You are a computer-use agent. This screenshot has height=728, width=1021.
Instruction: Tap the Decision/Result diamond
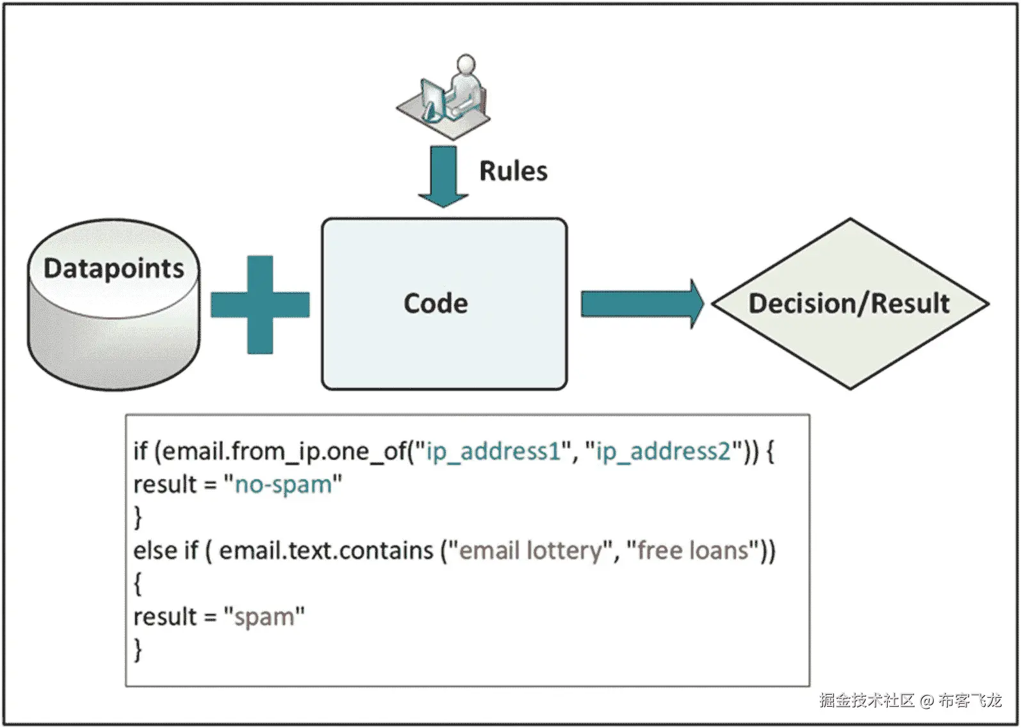[x=849, y=303]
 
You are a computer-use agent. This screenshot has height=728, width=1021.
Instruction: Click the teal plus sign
[x=260, y=305]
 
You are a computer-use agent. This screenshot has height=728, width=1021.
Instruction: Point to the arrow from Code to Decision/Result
[x=641, y=303]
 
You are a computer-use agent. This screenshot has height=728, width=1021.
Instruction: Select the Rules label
[x=513, y=172]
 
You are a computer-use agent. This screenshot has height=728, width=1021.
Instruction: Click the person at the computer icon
[x=445, y=96]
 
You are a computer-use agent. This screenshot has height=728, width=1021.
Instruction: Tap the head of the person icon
[x=466, y=65]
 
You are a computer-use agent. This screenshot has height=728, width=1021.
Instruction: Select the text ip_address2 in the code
[x=663, y=451]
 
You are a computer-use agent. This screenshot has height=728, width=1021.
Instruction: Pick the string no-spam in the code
[x=283, y=485]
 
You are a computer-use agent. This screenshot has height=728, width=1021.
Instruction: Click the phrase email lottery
[x=531, y=551]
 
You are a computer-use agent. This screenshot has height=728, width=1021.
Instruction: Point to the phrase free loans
[x=693, y=551]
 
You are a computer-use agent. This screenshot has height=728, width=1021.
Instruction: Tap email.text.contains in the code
[x=326, y=551]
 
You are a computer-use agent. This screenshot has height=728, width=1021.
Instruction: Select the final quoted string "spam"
[x=264, y=617]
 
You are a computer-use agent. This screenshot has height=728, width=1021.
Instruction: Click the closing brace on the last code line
[x=138, y=649]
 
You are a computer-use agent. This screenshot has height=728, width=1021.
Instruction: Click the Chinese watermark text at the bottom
[x=910, y=700]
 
